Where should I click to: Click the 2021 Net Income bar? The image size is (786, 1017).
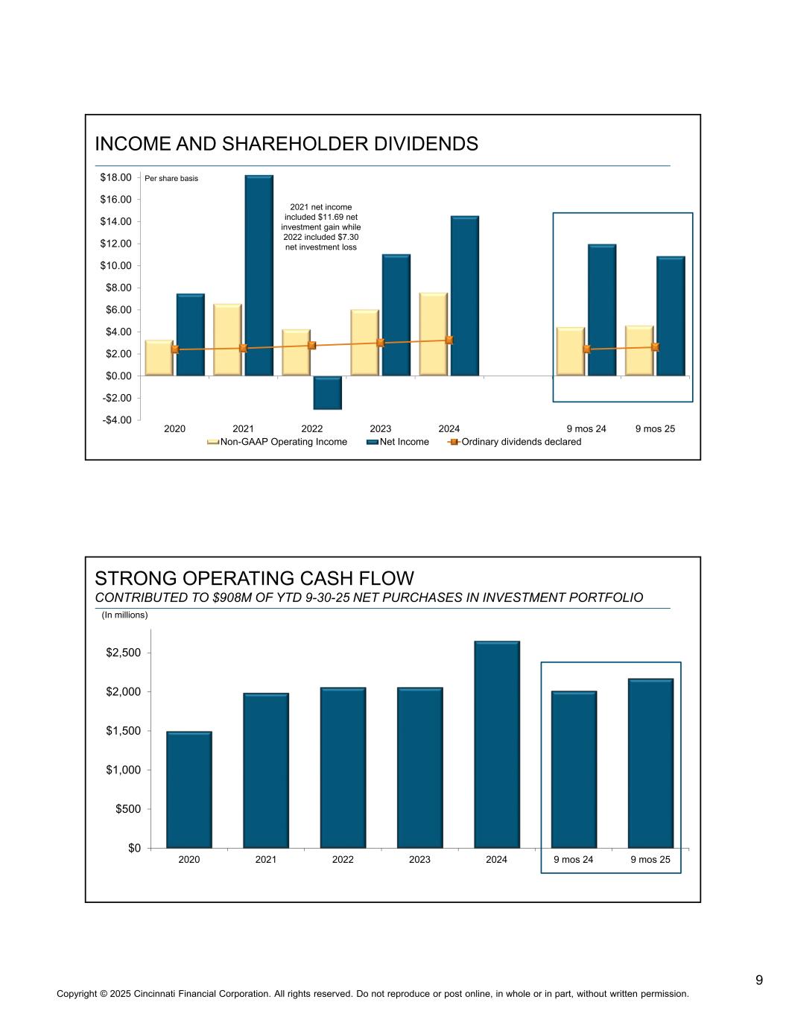pyautogui.click(x=259, y=276)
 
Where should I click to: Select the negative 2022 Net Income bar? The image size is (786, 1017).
pyautogui.click(x=327, y=393)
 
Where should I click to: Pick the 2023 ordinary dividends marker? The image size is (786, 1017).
pyautogui.click(x=381, y=343)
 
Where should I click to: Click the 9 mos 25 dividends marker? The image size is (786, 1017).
pyautogui.click(x=655, y=346)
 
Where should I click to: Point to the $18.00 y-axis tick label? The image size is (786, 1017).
pyautogui.click(x=115, y=177)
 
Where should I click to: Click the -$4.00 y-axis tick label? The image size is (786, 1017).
pyautogui.click(x=115, y=420)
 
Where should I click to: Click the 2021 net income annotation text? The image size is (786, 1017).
pyautogui.click(x=321, y=226)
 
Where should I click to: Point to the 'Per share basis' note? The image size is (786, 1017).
pyautogui.click(x=171, y=178)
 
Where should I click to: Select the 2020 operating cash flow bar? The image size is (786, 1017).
pyautogui.click(x=189, y=789)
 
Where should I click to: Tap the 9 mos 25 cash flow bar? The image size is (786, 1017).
pyautogui.click(x=650, y=763)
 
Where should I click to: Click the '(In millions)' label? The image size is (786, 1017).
pyautogui.click(x=124, y=615)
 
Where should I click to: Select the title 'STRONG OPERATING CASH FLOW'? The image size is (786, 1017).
pyautogui.click(x=254, y=578)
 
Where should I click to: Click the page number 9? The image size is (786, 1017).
pyautogui.click(x=758, y=980)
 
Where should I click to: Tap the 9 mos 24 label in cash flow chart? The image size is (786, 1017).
pyautogui.click(x=573, y=859)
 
